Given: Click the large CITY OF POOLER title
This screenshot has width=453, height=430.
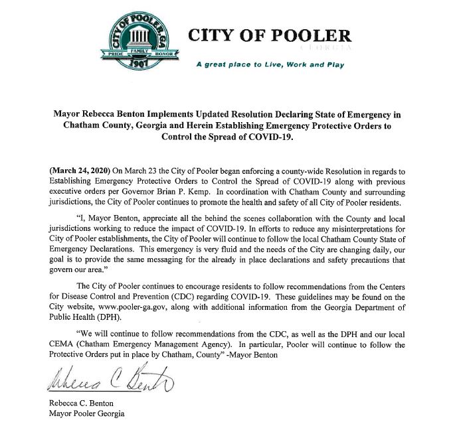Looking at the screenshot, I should coord(270,36).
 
